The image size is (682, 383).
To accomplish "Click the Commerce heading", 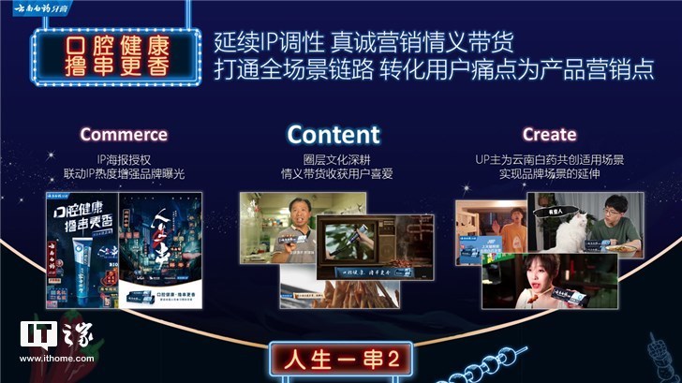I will [124, 135].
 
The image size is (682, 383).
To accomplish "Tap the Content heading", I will [334, 134].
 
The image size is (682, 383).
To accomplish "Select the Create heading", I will [549, 135].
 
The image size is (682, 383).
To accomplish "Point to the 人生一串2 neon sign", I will [340, 358].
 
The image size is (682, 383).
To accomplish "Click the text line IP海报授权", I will [124, 159].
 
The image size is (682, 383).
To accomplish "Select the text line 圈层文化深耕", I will [334, 159].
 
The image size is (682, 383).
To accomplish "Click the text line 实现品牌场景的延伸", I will [549, 174].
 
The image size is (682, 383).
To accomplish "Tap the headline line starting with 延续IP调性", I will [364, 43].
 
